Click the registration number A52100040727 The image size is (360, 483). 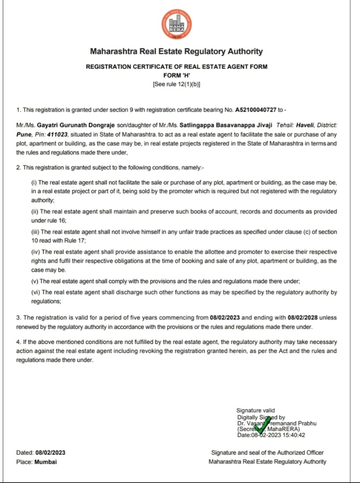tap(256, 110)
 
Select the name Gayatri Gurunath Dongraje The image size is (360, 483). tap(76, 125)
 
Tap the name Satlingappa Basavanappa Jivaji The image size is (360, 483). tap(226, 125)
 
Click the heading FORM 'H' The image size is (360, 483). tap(177, 75)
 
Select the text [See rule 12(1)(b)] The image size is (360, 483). tap(177, 84)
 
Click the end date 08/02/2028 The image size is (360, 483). tap(302, 318)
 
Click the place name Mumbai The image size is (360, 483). tap(45, 462)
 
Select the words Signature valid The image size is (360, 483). tap(256, 410)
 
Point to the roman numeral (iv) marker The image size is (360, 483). tap(36, 252)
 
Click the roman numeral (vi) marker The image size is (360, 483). tap(36, 292)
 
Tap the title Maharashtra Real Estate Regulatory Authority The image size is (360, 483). tap(177, 51)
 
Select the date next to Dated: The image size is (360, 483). tap(50, 453)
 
